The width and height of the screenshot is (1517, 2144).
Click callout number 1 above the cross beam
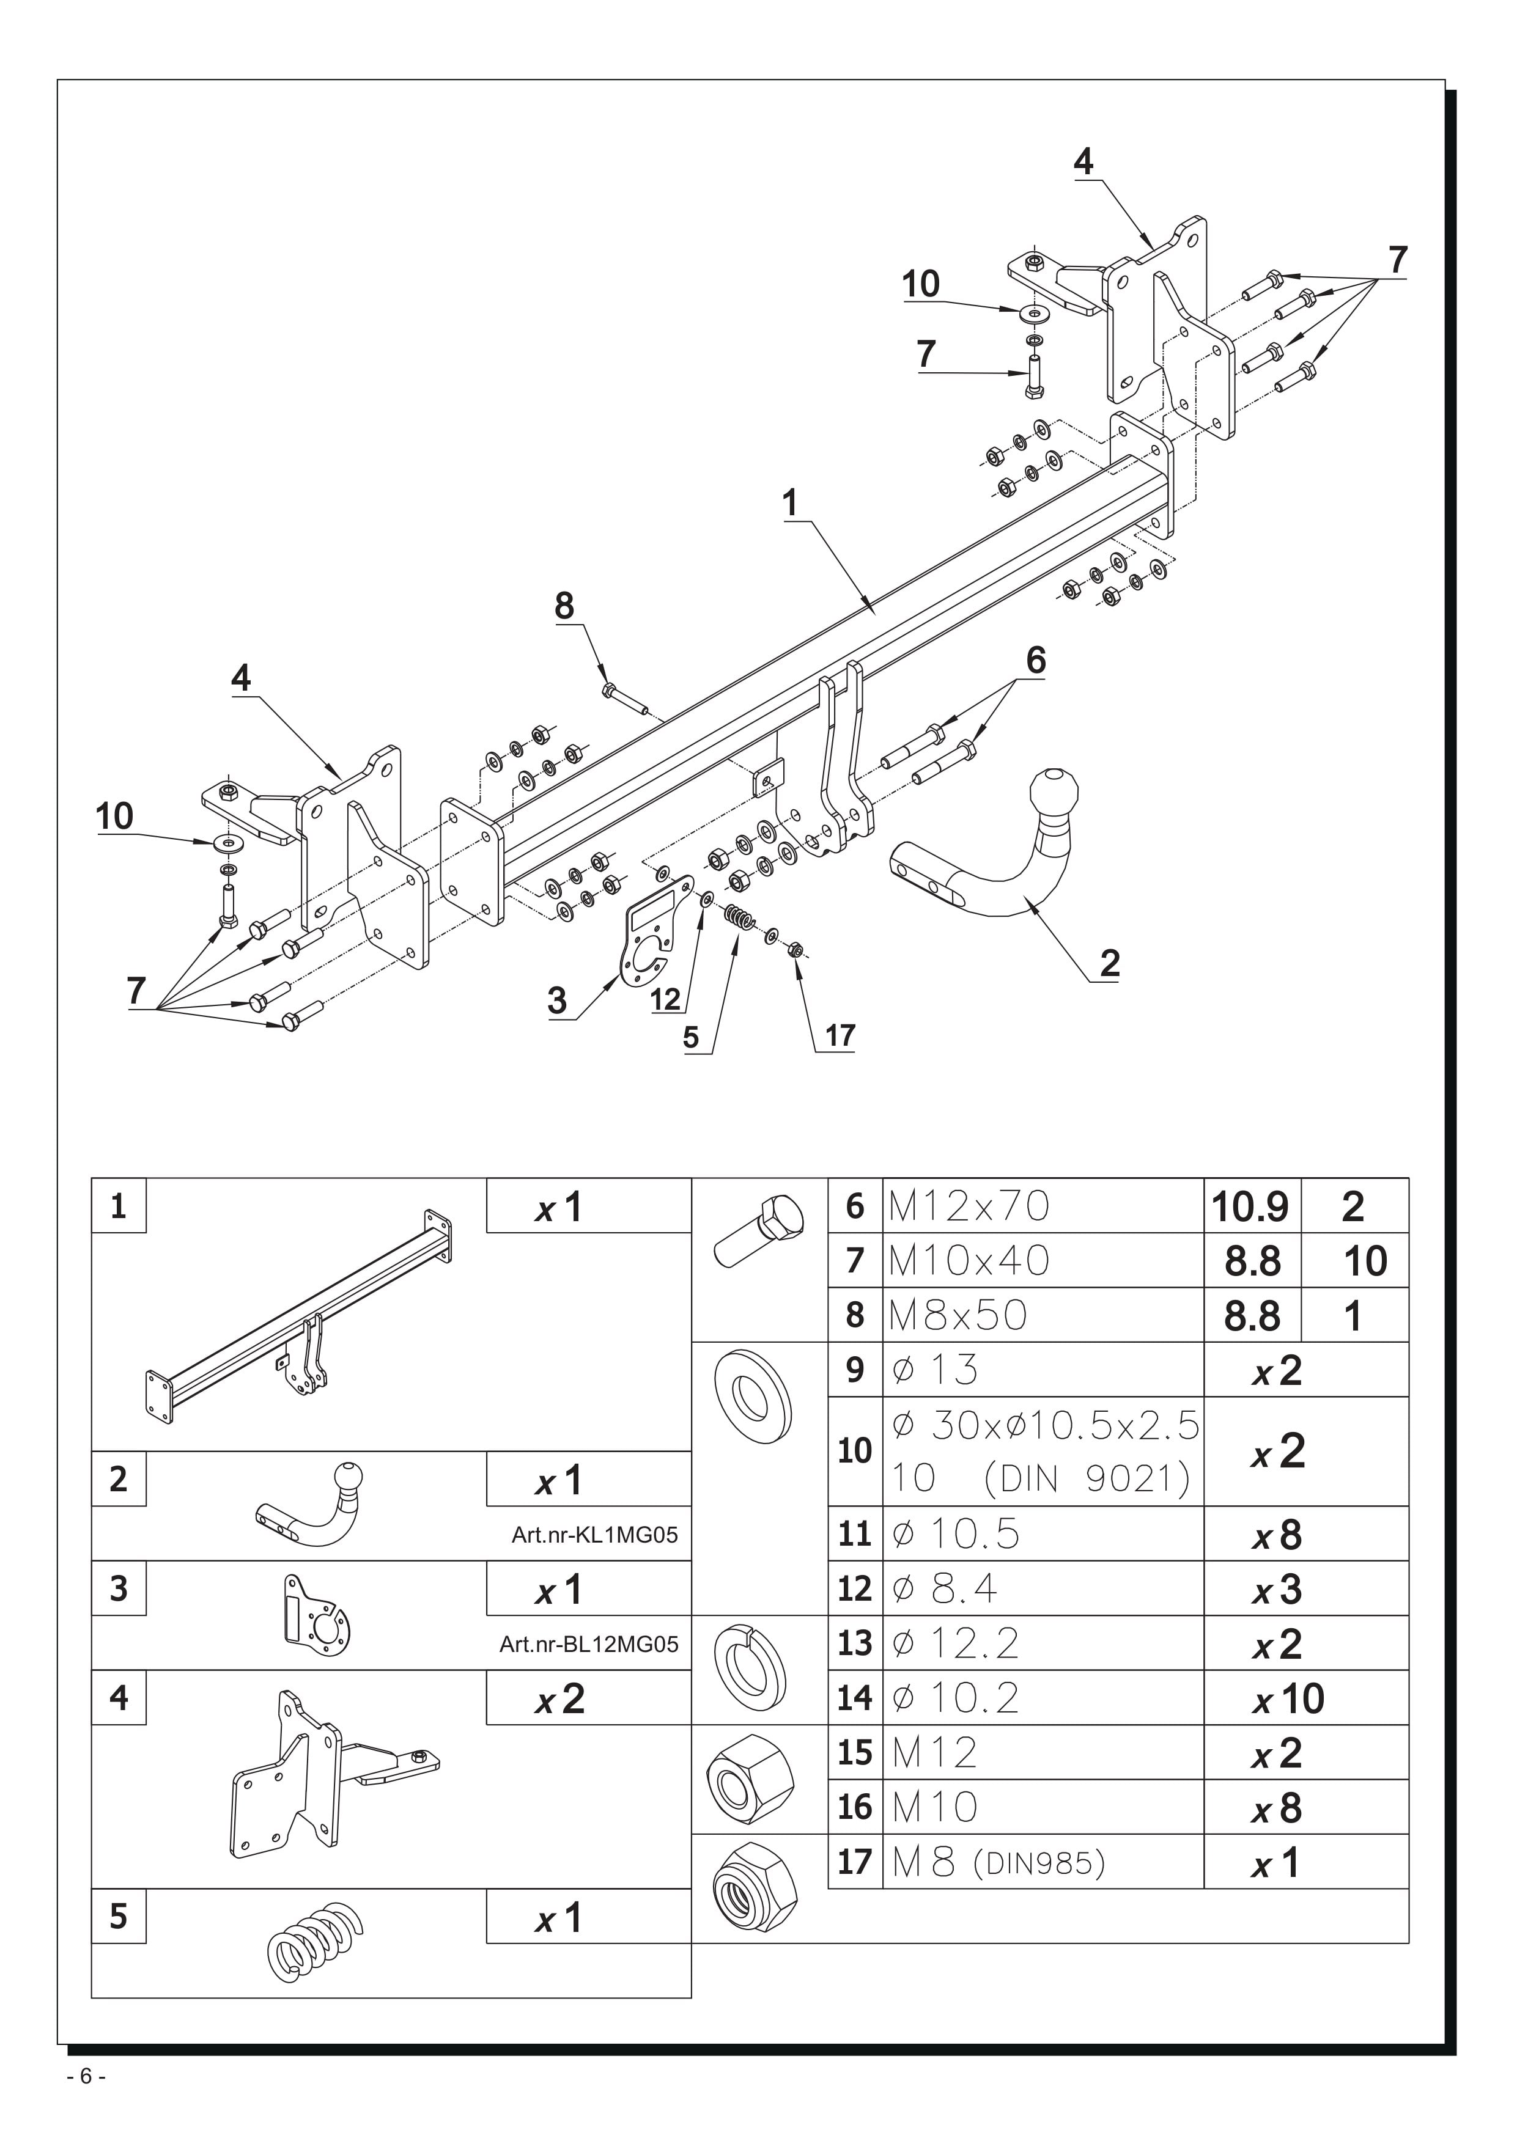pos(790,504)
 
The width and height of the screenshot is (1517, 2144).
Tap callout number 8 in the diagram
pos(564,606)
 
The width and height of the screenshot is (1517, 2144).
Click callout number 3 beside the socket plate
pos(558,1001)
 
